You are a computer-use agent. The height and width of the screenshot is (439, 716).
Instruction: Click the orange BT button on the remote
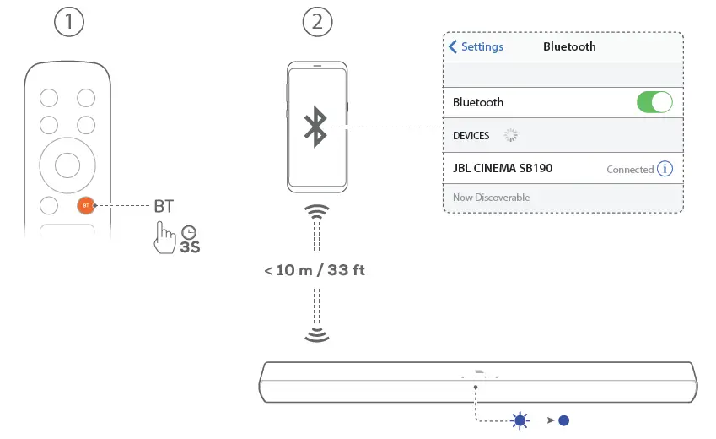(x=85, y=205)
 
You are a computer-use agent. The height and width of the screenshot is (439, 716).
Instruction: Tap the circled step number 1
(x=69, y=22)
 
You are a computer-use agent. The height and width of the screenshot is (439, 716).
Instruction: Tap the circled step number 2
(x=317, y=22)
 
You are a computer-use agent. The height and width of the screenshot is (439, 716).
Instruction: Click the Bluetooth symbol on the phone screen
(x=315, y=127)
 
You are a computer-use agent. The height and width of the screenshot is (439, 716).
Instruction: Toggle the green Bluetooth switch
(x=654, y=102)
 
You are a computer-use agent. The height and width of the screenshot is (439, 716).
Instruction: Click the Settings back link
(x=476, y=46)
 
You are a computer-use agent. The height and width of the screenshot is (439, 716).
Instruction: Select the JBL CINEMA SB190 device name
(x=503, y=168)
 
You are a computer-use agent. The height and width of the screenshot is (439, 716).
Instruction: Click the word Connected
(x=630, y=169)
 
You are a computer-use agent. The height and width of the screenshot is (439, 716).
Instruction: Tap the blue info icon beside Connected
(x=665, y=168)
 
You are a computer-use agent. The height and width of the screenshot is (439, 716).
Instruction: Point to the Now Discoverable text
(x=492, y=198)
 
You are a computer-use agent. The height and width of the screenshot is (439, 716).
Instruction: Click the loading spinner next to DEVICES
(x=510, y=135)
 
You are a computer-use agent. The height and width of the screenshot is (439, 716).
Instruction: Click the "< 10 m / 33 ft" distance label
(x=315, y=271)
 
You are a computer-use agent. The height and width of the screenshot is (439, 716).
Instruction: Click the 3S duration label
(x=191, y=248)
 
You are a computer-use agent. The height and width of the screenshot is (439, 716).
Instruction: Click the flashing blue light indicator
(x=520, y=420)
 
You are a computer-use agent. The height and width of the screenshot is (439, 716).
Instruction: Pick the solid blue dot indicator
(x=564, y=420)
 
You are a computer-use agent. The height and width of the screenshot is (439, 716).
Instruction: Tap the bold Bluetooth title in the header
(x=569, y=46)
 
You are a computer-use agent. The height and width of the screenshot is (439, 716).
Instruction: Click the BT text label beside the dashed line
(x=163, y=205)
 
